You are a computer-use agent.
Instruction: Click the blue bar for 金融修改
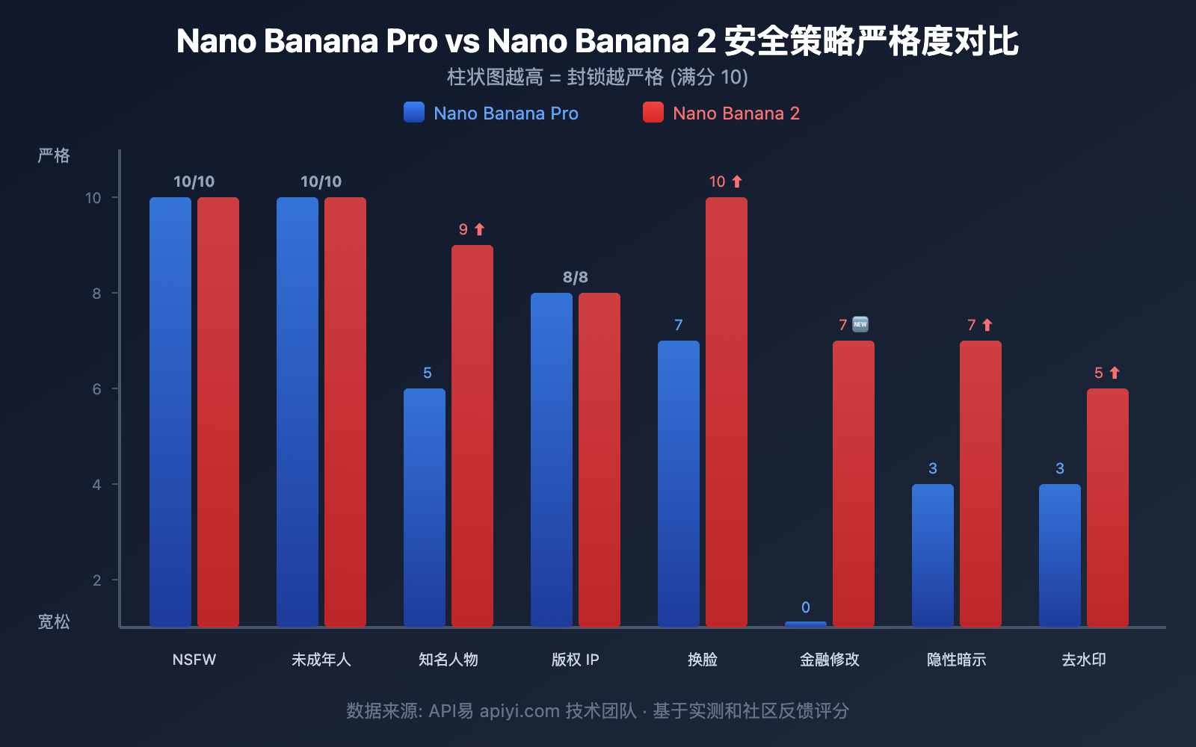point(806,624)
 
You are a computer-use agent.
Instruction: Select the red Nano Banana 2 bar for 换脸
point(727,412)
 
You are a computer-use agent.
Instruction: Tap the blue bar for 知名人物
point(425,507)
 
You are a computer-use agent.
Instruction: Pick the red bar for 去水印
point(1108,507)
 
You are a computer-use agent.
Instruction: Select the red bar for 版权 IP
point(599,459)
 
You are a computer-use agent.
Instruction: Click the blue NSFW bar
point(170,412)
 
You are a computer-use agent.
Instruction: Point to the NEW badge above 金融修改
point(860,324)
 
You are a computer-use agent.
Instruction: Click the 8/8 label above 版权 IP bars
point(576,277)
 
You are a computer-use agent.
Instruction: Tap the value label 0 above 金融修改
point(806,607)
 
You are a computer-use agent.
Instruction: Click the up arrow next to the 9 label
point(480,229)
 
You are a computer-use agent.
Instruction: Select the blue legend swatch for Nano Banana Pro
point(414,112)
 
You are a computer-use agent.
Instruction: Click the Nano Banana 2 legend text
point(736,114)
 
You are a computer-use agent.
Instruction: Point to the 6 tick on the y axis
point(96,389)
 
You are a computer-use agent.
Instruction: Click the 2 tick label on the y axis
point(96,580)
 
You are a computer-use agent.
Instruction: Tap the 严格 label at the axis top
point(54,155)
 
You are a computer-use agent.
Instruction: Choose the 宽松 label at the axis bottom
point(54,622)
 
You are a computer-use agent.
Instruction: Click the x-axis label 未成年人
point(321,660)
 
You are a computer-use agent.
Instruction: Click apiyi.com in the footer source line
point(520,711)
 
